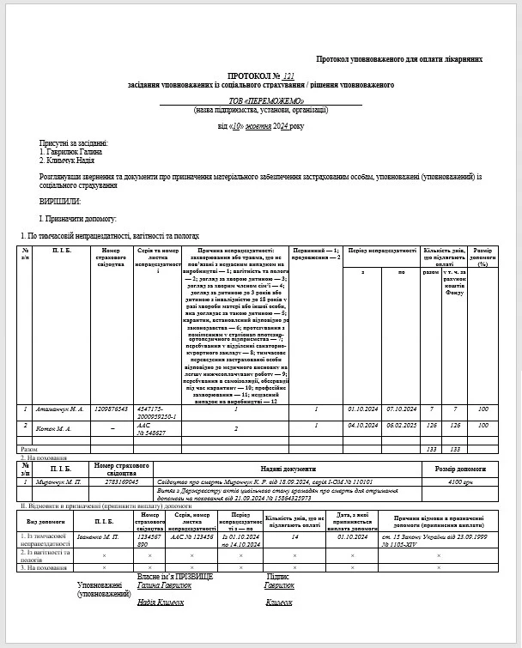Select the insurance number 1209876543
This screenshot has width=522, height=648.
click(x=112, y=409)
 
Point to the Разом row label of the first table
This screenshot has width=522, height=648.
click(x=28, y=449)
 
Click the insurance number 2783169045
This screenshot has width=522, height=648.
click(x=122, y=482)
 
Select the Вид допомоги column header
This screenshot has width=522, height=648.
click(x=43, y=520)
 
